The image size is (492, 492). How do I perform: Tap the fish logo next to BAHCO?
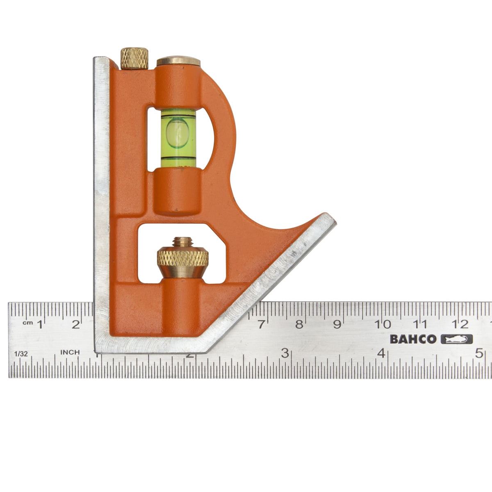pyautogui.click(x=457, y=339)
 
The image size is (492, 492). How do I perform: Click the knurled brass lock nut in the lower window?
pyautogui.click(x=182, y=258)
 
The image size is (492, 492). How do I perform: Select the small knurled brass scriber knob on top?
pyautogui.click(x=134, y=59)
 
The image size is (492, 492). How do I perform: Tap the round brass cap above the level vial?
pyautogui.click(x=178, y=61)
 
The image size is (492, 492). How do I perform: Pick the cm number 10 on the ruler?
pyautogui.click(x=383, y=324)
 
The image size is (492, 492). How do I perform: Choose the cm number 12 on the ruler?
pyautogui.click(x=460, y=324)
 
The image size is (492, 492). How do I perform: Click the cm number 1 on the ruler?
pyautogui.click(x=40, y=324)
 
